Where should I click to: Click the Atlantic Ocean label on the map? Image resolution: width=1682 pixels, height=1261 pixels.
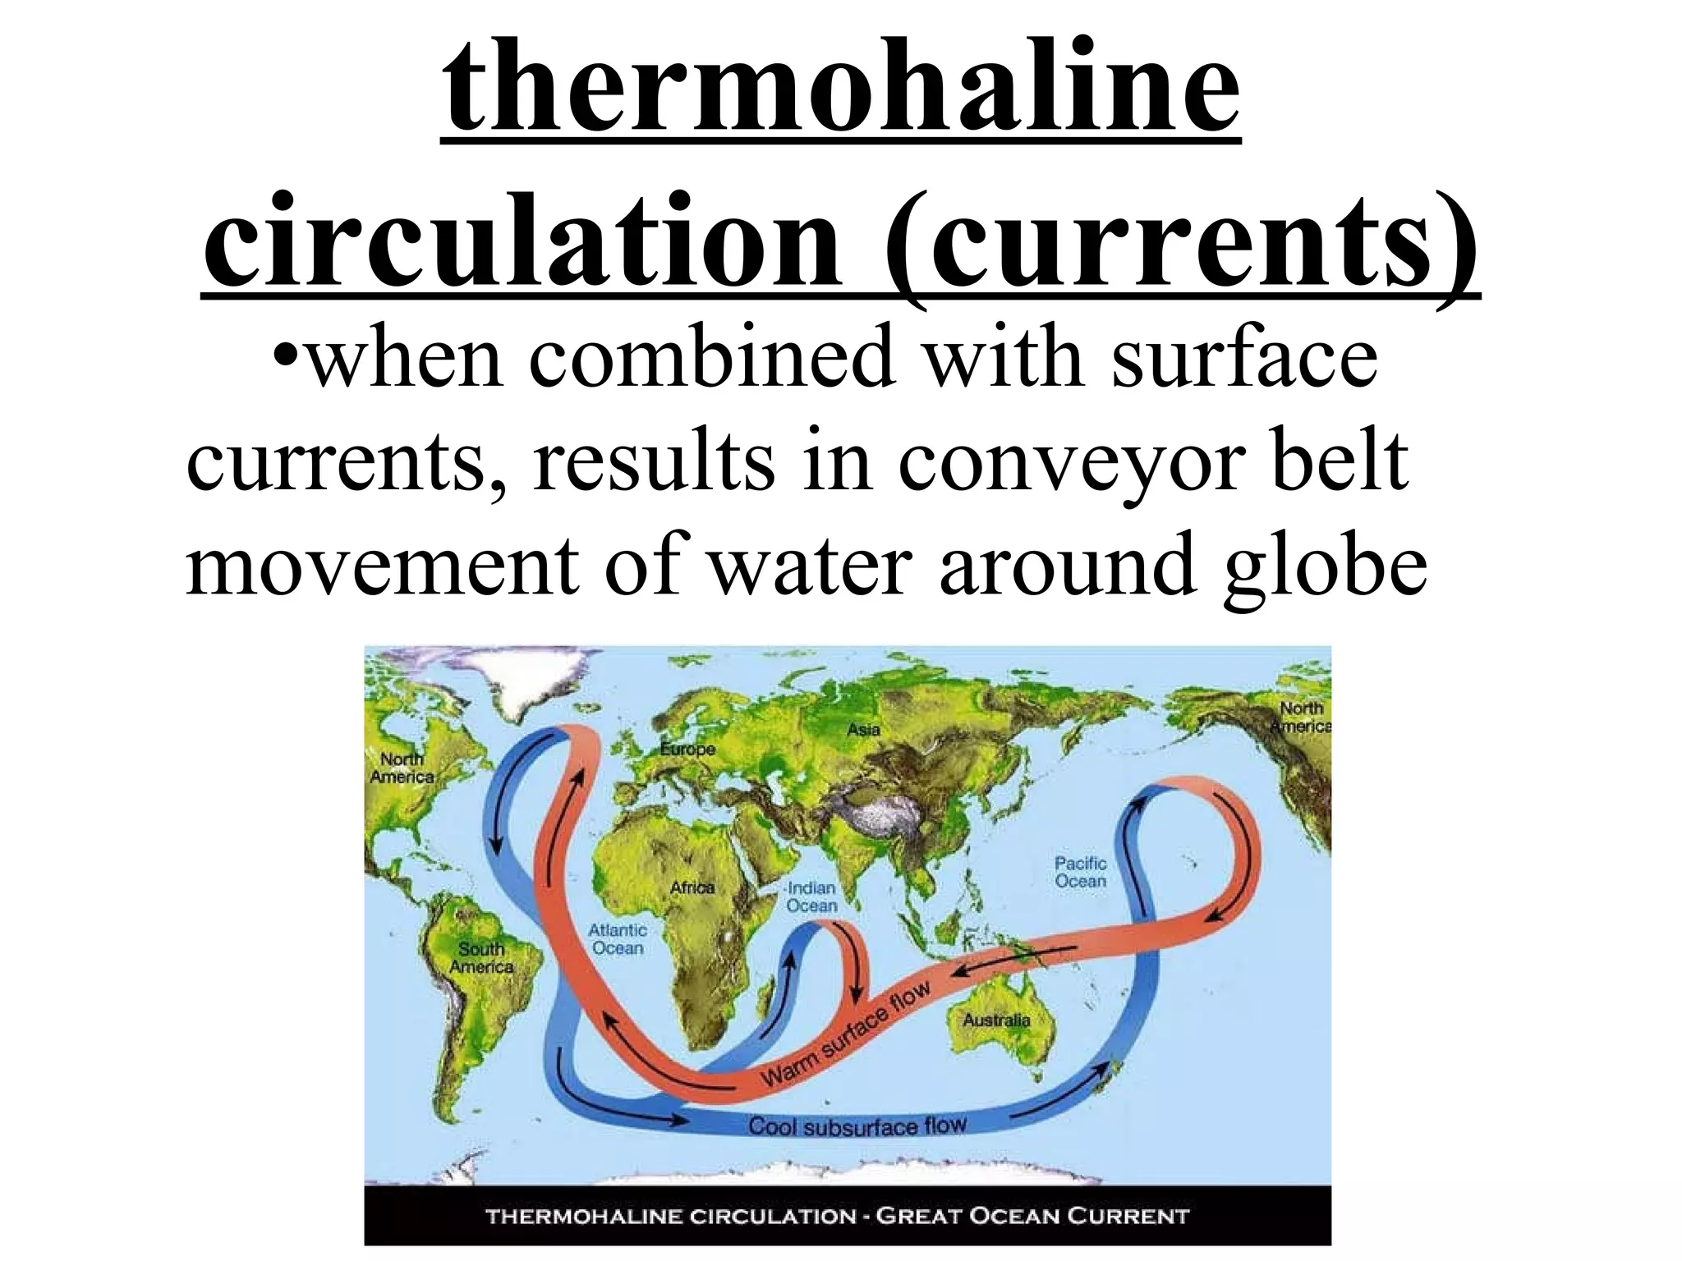(x=618, y=939)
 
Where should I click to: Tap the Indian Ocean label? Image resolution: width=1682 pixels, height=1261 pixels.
(x=811, y=896)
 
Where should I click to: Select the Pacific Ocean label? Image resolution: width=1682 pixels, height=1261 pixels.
(x=1080, y=872)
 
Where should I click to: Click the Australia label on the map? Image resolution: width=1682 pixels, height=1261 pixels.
(x=995, y=1020)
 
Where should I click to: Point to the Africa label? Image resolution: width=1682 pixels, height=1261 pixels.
(x=692, y=887)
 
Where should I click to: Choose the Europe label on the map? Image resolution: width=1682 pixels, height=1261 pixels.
(x=687, y=749)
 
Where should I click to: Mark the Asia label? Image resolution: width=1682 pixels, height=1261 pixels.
(x=863, y=729)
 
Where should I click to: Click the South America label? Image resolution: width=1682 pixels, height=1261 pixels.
(x=481, y=958)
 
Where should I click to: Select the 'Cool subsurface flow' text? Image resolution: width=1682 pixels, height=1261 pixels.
(x=857, y=1126)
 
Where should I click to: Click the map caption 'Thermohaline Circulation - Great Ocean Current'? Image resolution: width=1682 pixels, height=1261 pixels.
(x=837, y=1216)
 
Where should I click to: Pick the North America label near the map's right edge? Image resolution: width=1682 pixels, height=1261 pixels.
(x=1301, y=717)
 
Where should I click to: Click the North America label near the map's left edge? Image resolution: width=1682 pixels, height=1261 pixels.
(x=402, y=768)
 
